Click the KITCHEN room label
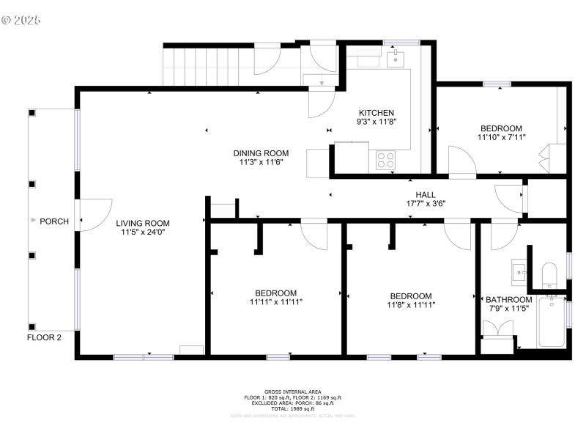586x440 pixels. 377,112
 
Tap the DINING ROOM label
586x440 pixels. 258,153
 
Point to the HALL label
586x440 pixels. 426,194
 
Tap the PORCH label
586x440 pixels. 54,221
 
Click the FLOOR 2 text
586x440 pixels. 44,338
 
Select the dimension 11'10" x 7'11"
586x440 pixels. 501,137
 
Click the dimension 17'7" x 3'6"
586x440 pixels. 426,204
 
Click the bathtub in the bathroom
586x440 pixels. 551,323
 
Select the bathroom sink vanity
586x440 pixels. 520,272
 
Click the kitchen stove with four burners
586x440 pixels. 385,159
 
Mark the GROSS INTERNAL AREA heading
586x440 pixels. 292,392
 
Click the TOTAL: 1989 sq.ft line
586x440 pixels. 292,408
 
